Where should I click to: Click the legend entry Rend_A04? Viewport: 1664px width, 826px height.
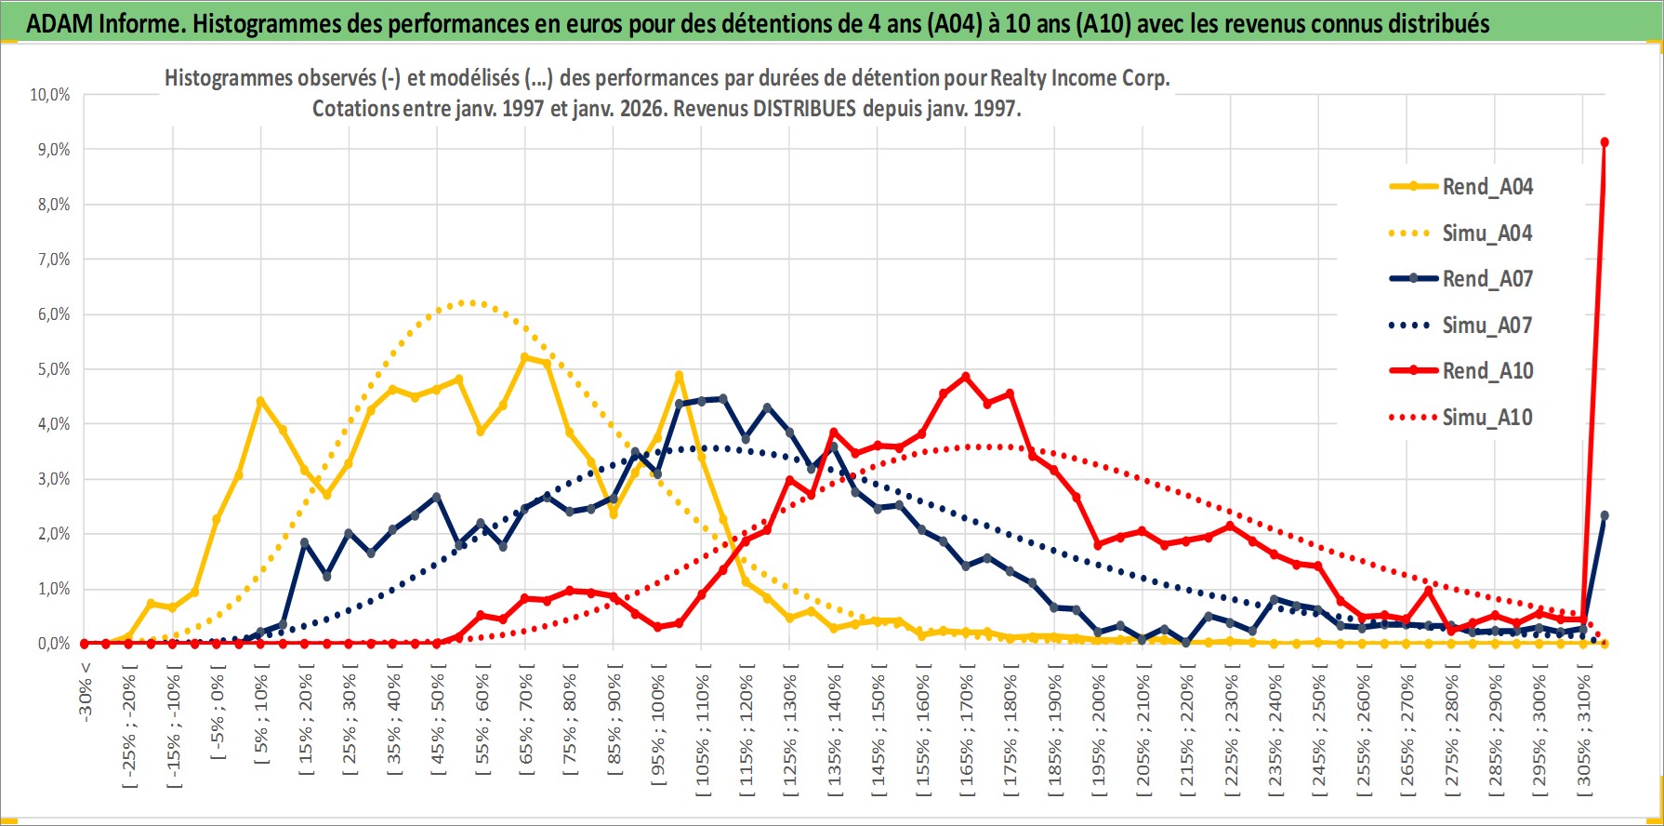1486,187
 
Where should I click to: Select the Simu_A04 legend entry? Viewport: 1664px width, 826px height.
1486,233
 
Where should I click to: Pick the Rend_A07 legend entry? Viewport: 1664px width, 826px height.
1486,279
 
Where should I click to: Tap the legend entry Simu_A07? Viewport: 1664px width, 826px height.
1486,326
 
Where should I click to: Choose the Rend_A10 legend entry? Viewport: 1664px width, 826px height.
1486,371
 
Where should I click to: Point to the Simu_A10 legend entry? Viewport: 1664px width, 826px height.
1486,418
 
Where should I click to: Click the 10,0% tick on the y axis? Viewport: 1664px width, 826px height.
50,95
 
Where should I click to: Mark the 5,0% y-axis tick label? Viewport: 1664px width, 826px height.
53,369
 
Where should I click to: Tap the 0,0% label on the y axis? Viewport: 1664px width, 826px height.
53,644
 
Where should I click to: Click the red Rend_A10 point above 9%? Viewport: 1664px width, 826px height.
1605,142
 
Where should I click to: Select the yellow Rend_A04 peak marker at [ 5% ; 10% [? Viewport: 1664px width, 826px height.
260,402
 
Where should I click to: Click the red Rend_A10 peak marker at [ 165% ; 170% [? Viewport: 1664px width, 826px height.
965,377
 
